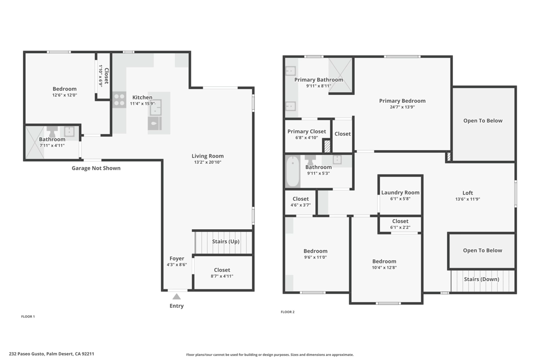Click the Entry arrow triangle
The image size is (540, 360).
176,296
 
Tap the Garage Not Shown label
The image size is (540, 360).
96,168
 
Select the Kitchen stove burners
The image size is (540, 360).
119,100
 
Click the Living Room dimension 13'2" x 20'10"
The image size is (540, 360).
208,162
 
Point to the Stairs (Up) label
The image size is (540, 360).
226,241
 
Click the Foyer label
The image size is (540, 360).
177,258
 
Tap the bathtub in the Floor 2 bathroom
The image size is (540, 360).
293,171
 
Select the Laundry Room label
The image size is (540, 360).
400,192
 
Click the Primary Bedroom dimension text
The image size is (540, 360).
402,107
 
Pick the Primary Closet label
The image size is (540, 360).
306,131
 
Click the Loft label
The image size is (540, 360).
468,193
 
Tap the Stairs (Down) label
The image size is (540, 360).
481,279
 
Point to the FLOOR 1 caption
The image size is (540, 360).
28,317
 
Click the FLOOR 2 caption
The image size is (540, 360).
287,312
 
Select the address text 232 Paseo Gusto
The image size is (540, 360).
26,354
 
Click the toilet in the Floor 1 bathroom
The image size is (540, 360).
52,131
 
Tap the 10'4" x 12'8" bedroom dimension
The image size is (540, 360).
384,267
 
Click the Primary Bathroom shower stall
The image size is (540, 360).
340,75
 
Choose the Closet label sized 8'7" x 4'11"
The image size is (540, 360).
222,270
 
